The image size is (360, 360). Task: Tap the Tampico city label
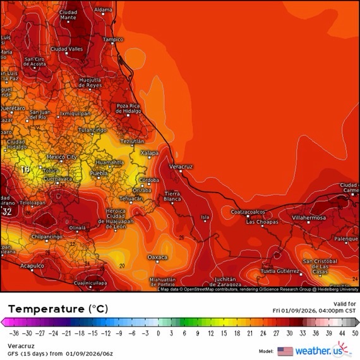113,39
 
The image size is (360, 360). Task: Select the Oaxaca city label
157,258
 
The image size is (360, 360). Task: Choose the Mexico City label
62,157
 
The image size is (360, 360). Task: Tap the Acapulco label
31,266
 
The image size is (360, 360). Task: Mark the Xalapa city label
149,153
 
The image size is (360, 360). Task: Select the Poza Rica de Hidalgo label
128,108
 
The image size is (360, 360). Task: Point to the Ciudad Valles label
66,49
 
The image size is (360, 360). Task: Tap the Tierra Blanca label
172,196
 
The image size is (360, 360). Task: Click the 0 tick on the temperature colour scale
158,333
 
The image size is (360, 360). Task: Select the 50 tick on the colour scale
355,333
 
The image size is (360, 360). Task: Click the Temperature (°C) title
57,309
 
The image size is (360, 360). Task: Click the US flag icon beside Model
285,351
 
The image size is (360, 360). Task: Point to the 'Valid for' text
345,303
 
